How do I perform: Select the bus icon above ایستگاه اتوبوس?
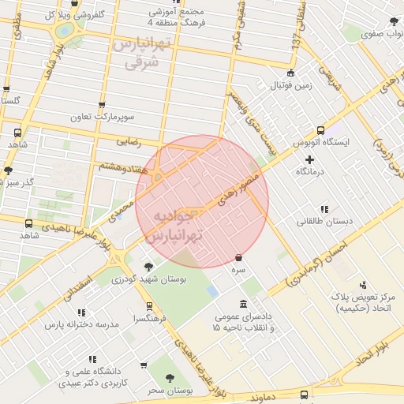pyautogui.click(x=320, y=130)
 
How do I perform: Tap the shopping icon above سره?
pyautogui.click(x=238, y=257)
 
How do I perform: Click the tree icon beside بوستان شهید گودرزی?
pyautogui.click(x=148, y=267)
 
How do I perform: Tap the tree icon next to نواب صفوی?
pyautogui.click(x=392, y=22)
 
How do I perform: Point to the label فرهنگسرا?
pyautogui.click(x=149, y=318)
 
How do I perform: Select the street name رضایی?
pyautogui.click(x=128, y=142)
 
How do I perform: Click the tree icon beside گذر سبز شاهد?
pyautogui.click(x=8, y=170)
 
